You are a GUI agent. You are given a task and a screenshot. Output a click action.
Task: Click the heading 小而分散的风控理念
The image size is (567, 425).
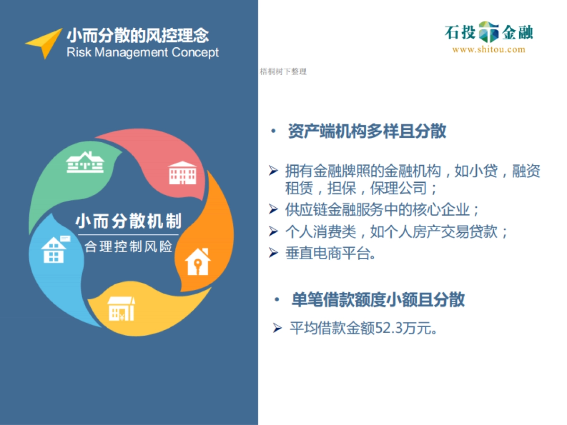(137, 35)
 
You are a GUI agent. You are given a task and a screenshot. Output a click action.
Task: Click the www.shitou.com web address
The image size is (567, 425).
(489, 50)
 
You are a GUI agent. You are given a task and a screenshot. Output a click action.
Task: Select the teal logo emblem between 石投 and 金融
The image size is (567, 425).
(489, 32)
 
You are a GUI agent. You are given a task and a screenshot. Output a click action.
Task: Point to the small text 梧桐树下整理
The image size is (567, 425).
(283, 72)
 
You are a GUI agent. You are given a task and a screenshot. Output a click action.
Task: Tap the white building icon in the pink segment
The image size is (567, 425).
(182, 172)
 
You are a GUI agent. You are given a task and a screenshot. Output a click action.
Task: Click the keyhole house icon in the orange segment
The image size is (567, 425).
(198, 261)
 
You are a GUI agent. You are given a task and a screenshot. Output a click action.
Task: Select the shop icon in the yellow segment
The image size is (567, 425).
(121, 308)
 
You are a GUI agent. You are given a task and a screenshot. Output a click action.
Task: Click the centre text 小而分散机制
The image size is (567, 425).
(128, 221)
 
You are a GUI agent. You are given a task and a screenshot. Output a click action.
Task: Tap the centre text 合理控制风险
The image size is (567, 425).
(128, 246)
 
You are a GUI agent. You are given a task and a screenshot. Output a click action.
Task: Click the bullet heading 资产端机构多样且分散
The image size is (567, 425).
(367, 132)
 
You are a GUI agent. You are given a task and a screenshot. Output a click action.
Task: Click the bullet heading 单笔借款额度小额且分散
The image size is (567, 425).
(378, 299)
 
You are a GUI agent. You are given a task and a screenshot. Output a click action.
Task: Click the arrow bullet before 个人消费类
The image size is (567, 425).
(274, 231)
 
